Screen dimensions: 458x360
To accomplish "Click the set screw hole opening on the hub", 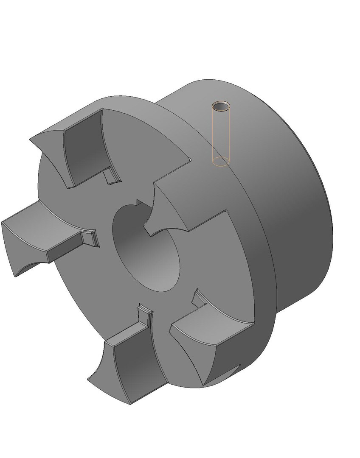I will (220, 106).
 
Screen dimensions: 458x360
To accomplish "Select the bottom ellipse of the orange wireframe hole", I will (220, 161).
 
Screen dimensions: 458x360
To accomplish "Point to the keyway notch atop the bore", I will (138, 202).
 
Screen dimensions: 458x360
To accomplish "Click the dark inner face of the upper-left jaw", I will (85, 146).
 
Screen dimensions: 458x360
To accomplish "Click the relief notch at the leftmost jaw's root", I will (91, 237).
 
